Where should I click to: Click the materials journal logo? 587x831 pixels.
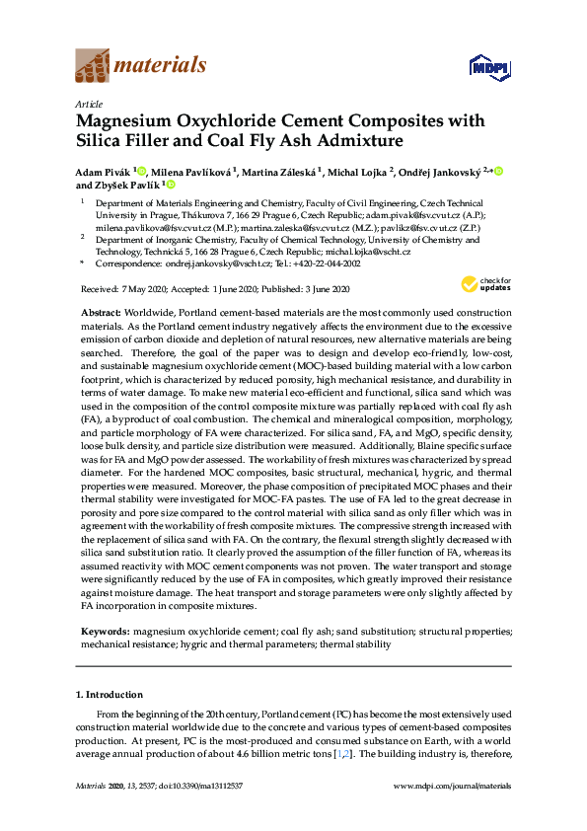141,66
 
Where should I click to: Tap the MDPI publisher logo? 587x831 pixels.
481,67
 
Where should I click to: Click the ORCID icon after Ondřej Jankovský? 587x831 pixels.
499,172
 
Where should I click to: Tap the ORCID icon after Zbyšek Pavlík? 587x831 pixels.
171,185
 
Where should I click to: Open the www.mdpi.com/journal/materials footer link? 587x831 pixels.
452,787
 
